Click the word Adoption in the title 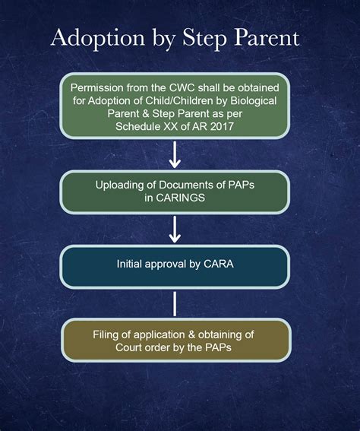98,39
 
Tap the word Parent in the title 267,38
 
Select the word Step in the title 205,39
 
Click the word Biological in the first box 253,101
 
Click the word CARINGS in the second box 180,198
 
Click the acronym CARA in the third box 219,264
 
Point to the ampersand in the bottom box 191,334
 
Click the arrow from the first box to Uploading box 175,154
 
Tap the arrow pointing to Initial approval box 175,230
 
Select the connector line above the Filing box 175,304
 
